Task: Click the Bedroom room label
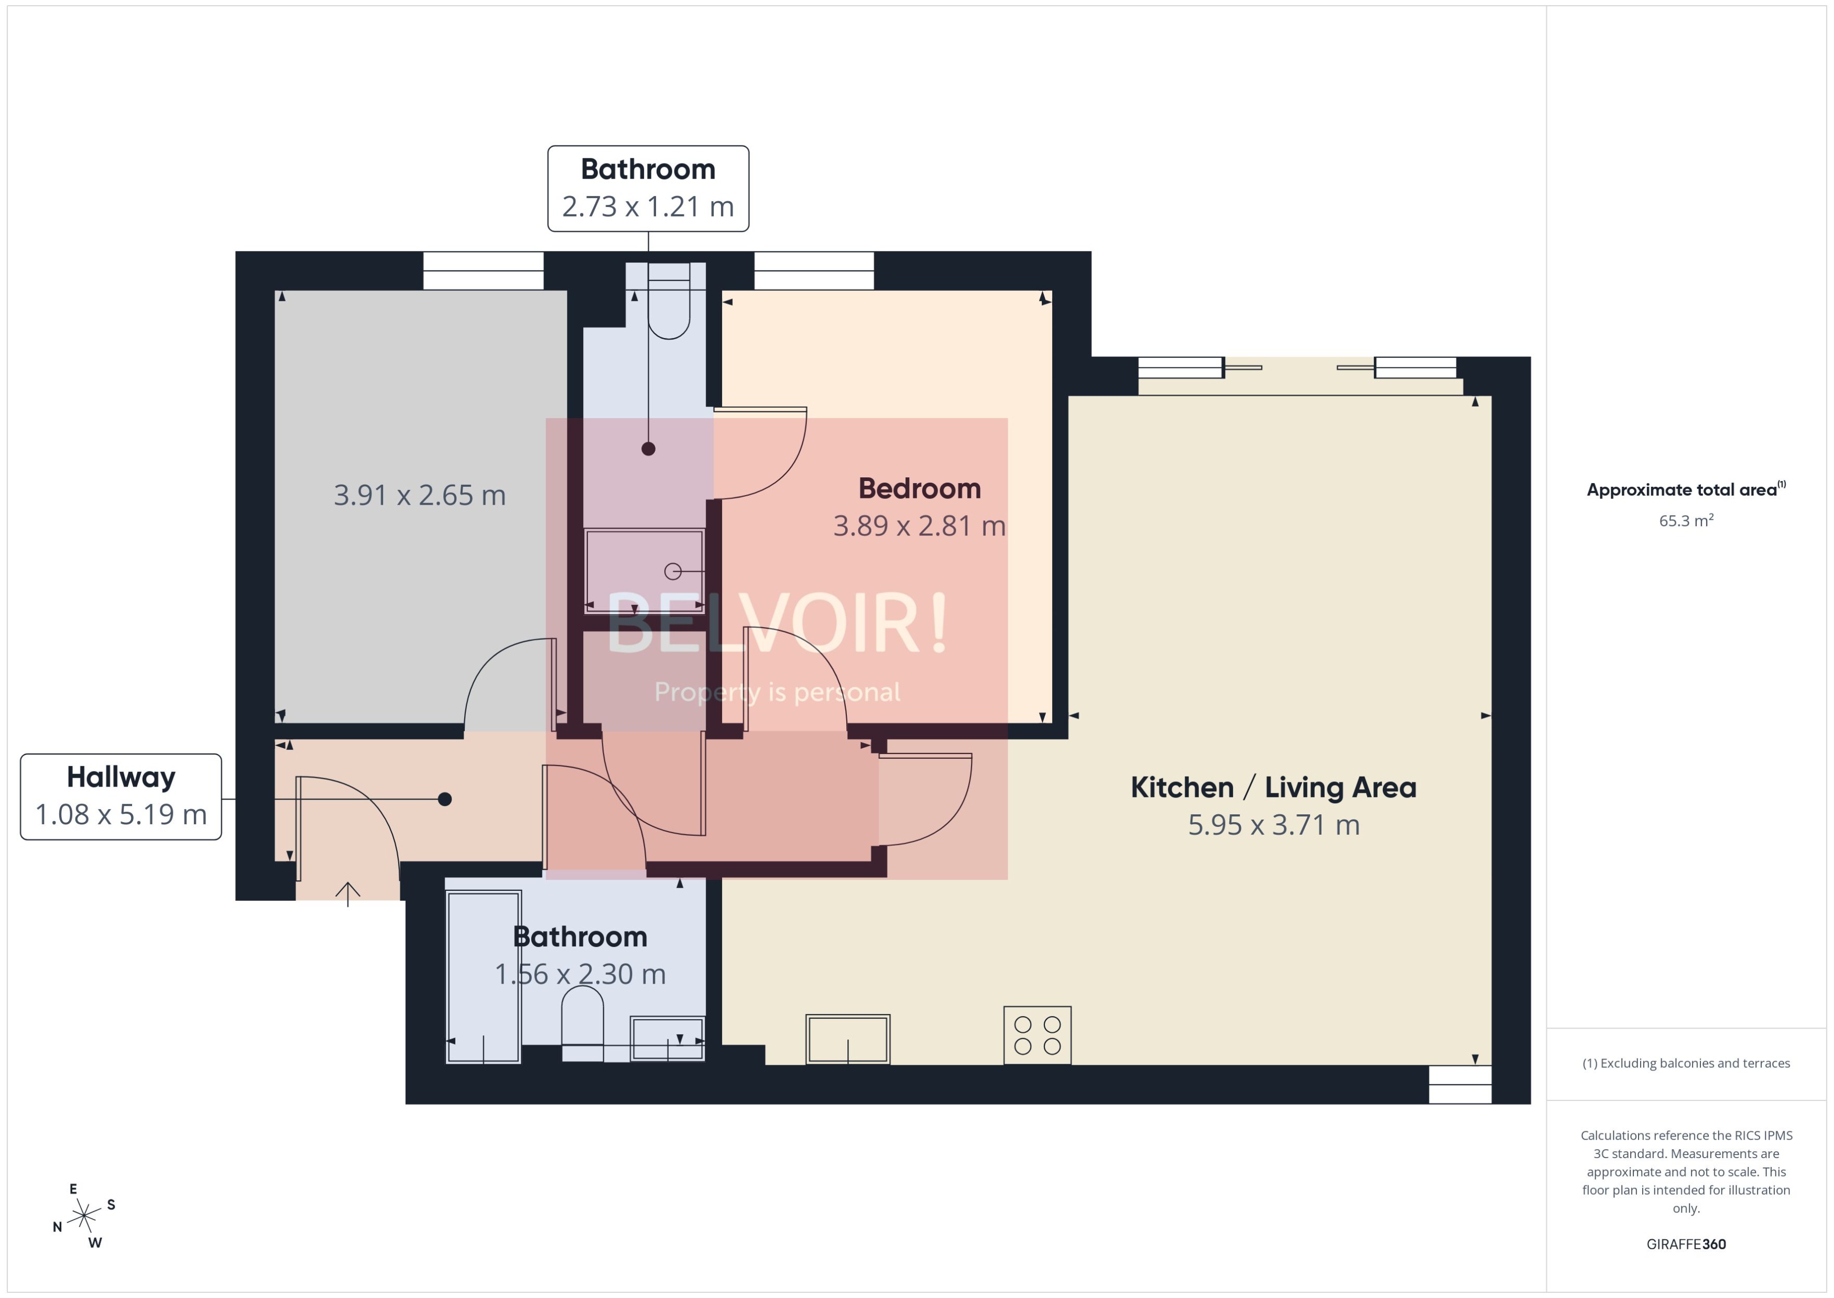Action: click(919, 488)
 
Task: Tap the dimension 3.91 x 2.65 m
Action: click(420, 496)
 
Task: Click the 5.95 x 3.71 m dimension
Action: click(1273, 825)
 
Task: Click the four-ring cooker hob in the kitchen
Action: click(1036, 1035)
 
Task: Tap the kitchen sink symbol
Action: click(847, 1039)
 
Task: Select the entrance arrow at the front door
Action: click(347, 893)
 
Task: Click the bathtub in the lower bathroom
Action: click(484, 977)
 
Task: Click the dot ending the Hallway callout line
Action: click(445, 799)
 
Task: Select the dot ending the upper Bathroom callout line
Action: click(648, 449)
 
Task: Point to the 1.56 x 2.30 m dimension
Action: click(580, 974)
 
